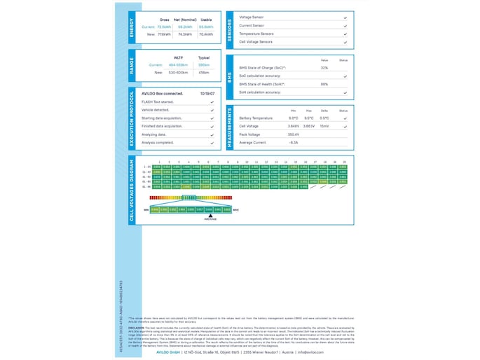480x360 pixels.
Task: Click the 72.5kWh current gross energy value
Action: (x=164, y=27)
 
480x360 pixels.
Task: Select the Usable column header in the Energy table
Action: (x=206, y=20)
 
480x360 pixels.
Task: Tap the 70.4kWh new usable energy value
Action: (x=206, y=34)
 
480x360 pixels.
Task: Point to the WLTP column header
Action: (x=178, y=58)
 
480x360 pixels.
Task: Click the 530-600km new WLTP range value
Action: (x=178, y=72)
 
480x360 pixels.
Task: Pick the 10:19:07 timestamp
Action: (x=207, y=93)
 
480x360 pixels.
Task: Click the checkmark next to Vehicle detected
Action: (x=212, y=110)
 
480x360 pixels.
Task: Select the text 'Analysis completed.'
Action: (x=157, y=142)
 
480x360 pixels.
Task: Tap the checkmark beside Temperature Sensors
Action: (x=345, y=34)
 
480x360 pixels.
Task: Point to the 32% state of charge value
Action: (x=324, y=68)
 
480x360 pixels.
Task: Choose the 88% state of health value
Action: (x=324, y=84)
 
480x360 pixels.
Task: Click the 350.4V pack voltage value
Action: (x=294, y=134)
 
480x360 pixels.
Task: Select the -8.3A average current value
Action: (x=294, y=142)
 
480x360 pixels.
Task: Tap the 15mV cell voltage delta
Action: (x=324, y=126)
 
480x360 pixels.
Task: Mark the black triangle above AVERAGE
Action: (x=210, y=215)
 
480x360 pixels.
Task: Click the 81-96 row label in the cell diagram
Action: (x=146, y=187)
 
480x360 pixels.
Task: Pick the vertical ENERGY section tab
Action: (x=132, y=27)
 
